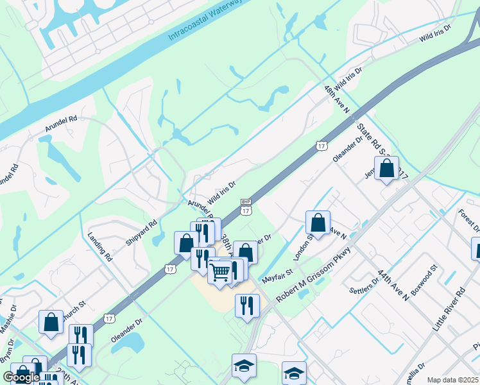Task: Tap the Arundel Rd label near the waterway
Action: [61, 124]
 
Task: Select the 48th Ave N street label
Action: [338, 99]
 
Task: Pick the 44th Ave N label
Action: [393, 284]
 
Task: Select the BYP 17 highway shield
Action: [246, 206]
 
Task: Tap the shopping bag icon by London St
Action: [318, 223]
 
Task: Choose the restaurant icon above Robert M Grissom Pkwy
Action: [247, 306]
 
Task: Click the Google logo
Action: [21, 377]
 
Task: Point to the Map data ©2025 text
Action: [452, 380]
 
